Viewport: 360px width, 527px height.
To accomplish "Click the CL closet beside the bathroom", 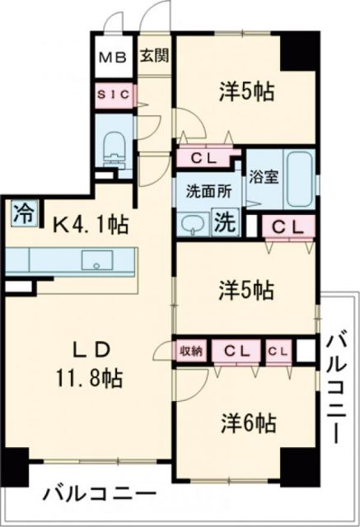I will click(x=287, y=225).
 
